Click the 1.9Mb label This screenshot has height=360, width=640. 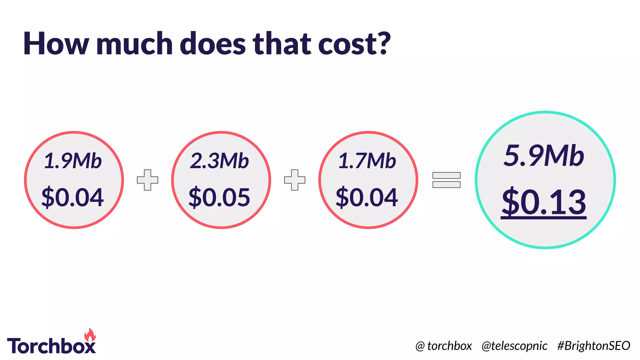tap(73, 161)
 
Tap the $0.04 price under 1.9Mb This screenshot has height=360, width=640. tap(72, 197)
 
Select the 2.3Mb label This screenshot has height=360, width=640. tap(219, 161)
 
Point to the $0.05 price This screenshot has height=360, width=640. tap(219, 197)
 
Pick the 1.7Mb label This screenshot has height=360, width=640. tap(367, 161)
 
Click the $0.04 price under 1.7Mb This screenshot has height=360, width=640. tap(367, 197)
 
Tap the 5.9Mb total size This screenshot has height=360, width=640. tap(544, 156)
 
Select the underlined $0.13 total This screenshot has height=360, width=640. tap(544, 202)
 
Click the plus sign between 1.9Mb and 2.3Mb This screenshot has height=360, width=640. tap(147, 180)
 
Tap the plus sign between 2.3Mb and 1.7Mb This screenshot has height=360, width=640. tap(295, 180)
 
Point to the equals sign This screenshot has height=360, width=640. tap(446, 180)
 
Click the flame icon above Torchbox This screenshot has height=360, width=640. tap(90, 335)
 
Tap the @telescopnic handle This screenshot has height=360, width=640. tap(514, 346)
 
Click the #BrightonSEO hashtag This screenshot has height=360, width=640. tap(593, 346)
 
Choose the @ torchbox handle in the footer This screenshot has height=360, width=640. tap(443, 346)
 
